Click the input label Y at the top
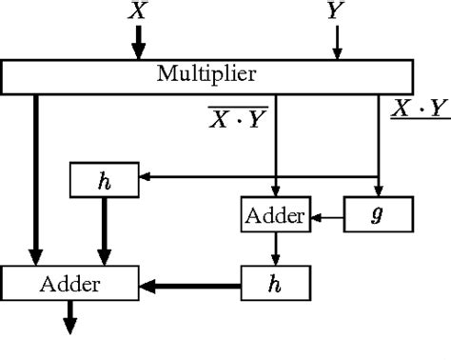tap(335, 11)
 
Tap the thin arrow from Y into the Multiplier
tap(335, 42)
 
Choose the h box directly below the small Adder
tap(275, 283)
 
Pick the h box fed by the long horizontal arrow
tap(105, 177)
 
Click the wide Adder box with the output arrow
tap(70, 283)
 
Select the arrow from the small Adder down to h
tap(275, 250)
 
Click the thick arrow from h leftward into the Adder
tap(190, 283)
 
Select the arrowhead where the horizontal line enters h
tap(145, 176)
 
